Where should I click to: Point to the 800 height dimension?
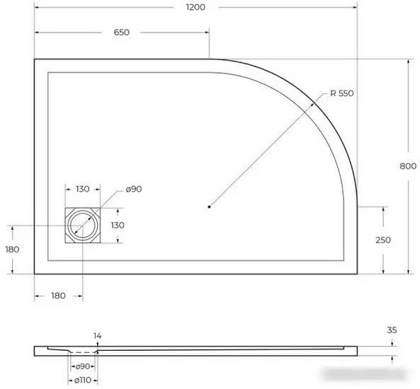[x=407, y=166]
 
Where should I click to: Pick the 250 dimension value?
[x=383, y=240]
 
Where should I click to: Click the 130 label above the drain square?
[x=83, y=189]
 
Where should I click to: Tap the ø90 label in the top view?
[x=134, y=189]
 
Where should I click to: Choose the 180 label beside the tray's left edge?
[x=11, y=249]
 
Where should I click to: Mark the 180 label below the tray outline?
[x=58, y=295]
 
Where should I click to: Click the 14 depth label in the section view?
[x=97, y=335]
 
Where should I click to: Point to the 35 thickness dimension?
[x=392, y=330]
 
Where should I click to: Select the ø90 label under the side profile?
[x=83, y=366]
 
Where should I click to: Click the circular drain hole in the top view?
[x=83, y=226]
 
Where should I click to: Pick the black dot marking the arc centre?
[x=209, y=207]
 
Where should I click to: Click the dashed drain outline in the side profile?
[x=83, y=352]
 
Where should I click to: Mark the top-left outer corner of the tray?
[x=35, y=59]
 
